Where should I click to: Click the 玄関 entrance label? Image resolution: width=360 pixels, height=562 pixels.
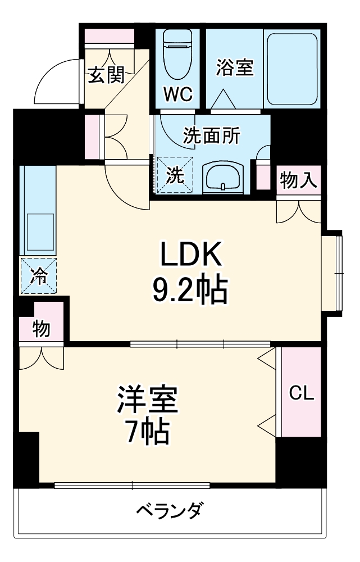click(x=106, y=75)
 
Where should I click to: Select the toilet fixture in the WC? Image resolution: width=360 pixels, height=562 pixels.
click(x=178, y=55)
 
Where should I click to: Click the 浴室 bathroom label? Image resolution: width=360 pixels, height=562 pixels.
click(x=235, y=67)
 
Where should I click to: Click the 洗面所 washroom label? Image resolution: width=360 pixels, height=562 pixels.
click(x=212, y=135)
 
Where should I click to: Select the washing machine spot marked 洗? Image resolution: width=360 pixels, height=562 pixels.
click(x=175, y=175)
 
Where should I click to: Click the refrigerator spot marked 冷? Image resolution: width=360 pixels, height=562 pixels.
click(x=39, y=275)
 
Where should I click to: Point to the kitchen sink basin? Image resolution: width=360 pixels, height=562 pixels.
click(x=38, y=231)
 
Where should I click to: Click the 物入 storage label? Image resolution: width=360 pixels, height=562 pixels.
click(x=299, y=180)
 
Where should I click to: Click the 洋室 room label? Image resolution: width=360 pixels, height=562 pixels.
click(x=147, y=400)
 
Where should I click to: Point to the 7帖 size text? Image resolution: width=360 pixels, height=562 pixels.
click(x=147, y=432)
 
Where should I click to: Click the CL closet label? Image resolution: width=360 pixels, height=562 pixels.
click(x=302, y=393)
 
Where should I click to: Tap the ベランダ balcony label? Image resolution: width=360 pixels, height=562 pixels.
click(x=169, y=511)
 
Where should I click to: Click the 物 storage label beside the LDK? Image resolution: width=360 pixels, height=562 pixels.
click(x=40, y=329)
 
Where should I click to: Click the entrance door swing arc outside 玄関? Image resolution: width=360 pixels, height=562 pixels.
click(x=56, y=81)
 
